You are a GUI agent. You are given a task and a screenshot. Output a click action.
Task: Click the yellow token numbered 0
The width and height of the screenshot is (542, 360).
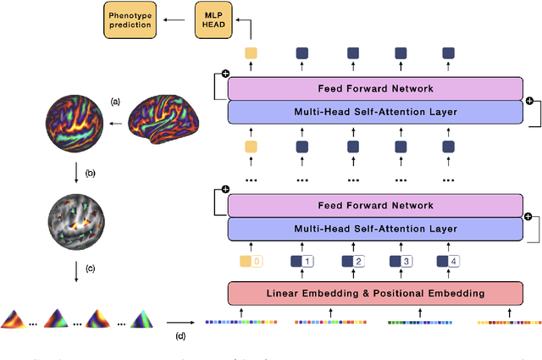252,262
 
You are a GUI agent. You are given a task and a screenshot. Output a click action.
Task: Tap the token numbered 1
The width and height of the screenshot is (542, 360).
302,262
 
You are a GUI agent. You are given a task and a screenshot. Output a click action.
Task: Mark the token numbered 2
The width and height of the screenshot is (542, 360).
351,262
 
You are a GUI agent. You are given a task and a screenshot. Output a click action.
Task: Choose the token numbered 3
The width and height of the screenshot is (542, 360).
401,262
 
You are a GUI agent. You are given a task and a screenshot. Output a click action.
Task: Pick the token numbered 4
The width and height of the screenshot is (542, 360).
448,262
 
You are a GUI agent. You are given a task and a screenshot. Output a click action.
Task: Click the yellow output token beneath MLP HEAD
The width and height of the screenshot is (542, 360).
250,53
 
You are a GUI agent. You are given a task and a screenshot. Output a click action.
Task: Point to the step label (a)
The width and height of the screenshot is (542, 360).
115,102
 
